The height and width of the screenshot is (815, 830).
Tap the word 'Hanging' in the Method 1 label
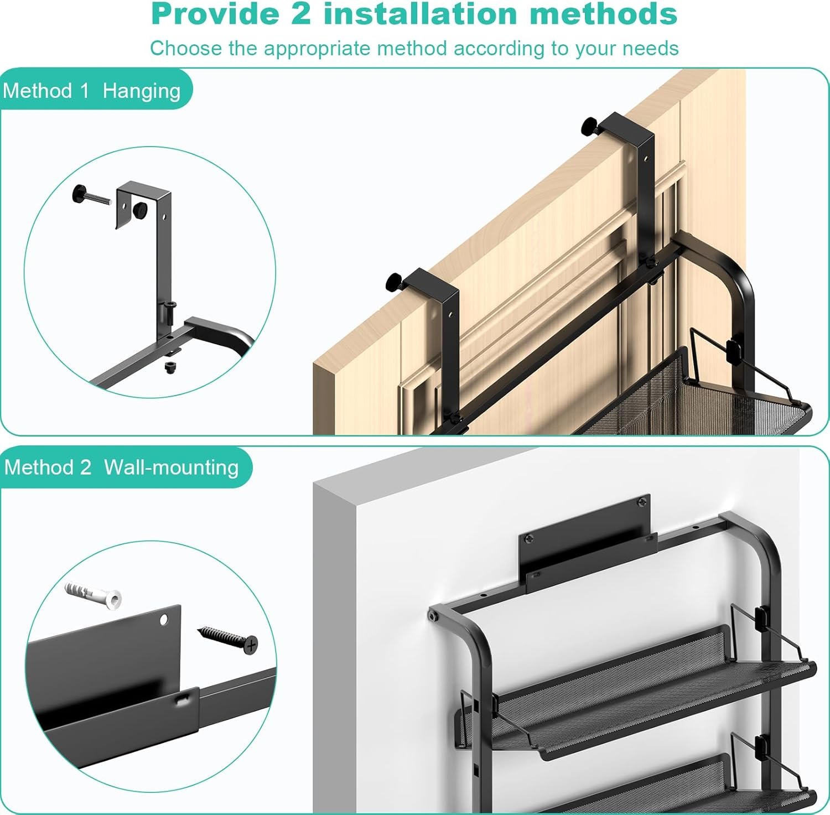click(142, 91)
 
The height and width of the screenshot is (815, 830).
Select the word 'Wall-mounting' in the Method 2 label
click(172, 468)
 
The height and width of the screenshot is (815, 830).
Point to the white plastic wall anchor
click(94, 594)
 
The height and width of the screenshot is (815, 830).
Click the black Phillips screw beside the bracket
click(229, 640)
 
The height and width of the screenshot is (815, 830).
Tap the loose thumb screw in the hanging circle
click(92, 196)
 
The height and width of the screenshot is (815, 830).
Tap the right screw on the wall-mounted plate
click(642, 502)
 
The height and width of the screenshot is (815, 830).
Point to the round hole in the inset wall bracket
click(165, 619)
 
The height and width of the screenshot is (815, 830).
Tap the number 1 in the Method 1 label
click(84, 91)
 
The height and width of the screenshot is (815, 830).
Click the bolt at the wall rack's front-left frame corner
click(434, 616)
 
